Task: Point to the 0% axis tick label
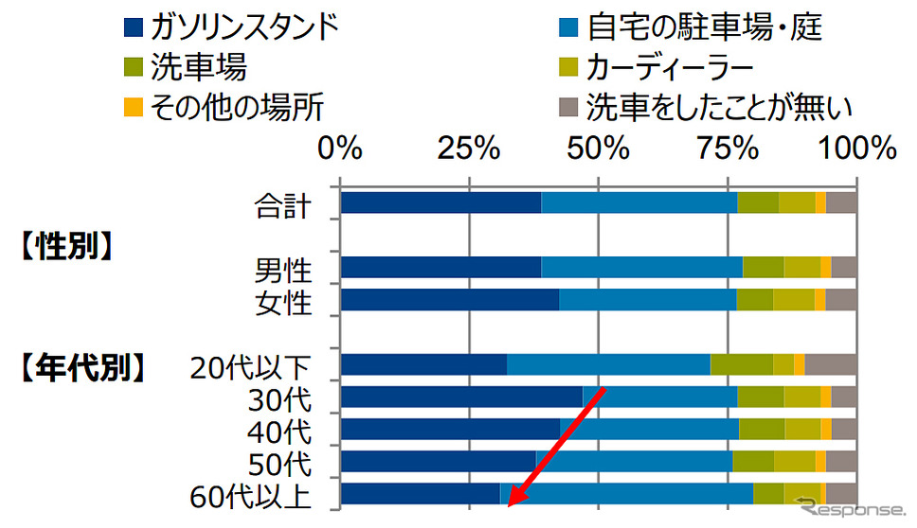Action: [340, 150]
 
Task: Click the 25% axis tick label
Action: [470, 150]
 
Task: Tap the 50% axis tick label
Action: [599, 150]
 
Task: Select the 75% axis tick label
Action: [728, 150]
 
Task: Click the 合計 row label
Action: [282, 204]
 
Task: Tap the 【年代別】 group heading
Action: [83, 366]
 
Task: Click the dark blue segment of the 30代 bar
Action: [461, 396]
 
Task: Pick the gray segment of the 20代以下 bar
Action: [831, 364]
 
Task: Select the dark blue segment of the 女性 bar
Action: [449, 300]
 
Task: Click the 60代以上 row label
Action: [251, 495]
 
